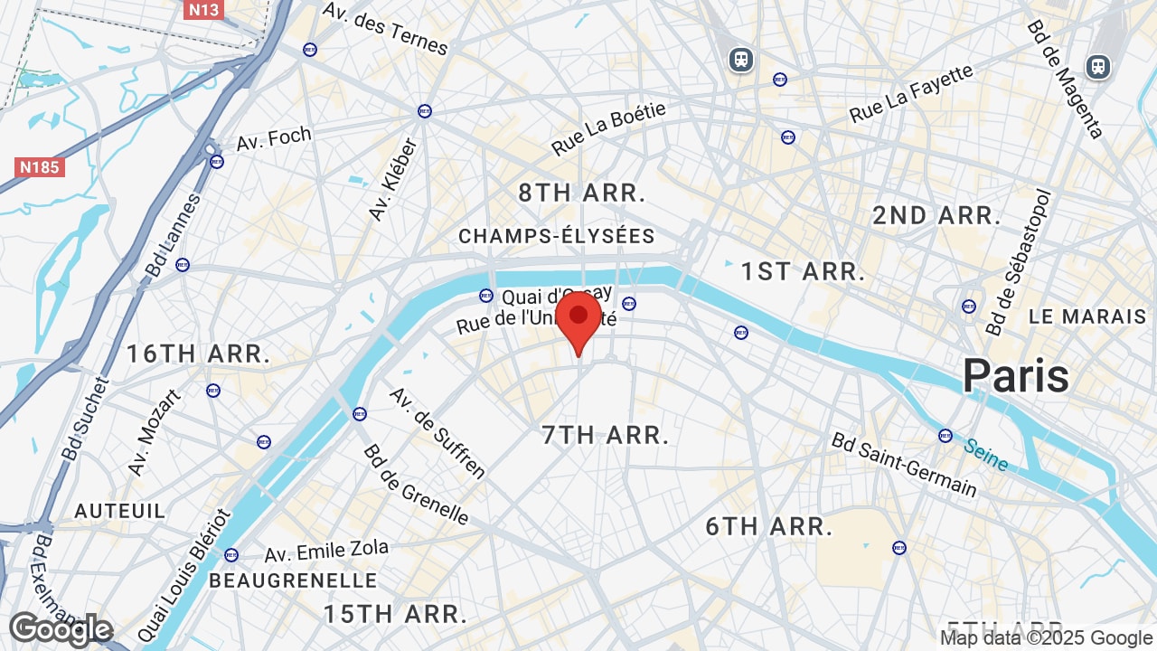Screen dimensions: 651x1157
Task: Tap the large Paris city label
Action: (1016, 375)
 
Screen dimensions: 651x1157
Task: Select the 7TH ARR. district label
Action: (606, 435)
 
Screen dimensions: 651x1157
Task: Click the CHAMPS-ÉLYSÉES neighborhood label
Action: (556, 237)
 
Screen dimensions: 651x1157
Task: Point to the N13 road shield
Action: (203, 11)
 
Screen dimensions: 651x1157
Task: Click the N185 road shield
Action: (40, 167)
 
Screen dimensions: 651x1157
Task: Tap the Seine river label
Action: (985, 455)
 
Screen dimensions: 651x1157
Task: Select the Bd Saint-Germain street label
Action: (904, 465)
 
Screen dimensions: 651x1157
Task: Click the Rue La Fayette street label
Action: (911, 94)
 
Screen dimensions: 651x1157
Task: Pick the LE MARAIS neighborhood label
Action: (1087, 317)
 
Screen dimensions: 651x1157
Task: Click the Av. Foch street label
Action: (274, 139)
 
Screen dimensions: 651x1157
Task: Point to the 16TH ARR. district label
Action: (198, 354)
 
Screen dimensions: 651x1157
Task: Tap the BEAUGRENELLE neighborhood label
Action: (293, 580)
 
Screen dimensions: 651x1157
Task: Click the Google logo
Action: (61, 629)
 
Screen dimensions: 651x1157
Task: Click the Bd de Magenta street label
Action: (1066, 80)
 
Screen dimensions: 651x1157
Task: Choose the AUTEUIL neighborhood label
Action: (120, 511)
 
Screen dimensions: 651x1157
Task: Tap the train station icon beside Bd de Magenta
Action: (1098, 66)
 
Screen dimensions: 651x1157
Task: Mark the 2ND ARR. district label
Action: (936, 216)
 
